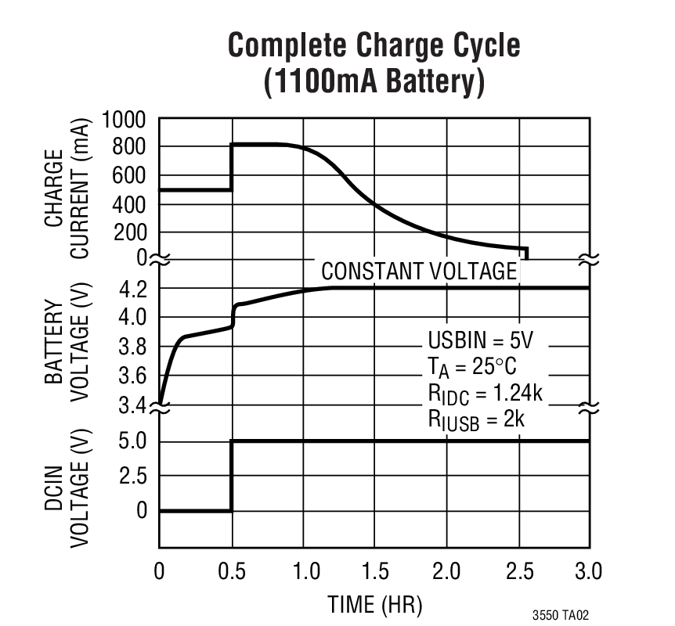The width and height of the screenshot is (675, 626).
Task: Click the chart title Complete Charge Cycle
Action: (x=374, y=46)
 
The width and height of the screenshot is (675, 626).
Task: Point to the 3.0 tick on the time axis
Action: (x=588, y=571)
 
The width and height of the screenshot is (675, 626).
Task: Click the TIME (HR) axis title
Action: (x=374, y=604)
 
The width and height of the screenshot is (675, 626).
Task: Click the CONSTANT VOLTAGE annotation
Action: (x=419, y=272)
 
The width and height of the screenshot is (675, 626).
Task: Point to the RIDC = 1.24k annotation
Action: (x=484, y=394)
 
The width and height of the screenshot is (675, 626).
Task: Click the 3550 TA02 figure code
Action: (x=566, y=616)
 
